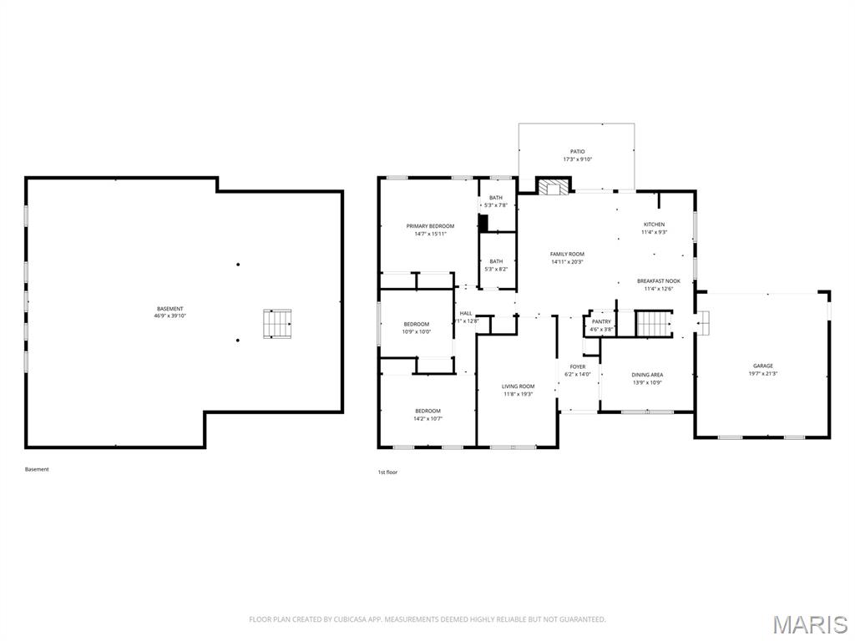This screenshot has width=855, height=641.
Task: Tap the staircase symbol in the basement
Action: tap(278, 324)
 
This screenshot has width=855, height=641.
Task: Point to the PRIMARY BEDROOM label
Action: tap(430, 226)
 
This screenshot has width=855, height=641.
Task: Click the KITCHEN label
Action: tap(654, 225)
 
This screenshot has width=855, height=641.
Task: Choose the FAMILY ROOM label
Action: tap(567, 254)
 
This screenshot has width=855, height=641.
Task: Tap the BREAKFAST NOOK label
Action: tap(659, 281)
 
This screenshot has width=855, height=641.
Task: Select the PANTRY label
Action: tap(601, 321)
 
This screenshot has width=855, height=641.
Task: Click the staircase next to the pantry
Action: tap(655, 323)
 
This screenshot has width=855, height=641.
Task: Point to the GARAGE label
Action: tap(762, 366)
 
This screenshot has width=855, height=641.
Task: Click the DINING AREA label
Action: tap(646, 375)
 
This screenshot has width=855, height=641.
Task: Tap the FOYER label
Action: tap(577, 366)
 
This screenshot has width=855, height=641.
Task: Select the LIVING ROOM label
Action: tap(518, 386)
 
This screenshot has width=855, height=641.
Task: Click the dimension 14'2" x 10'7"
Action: tap(428, 418)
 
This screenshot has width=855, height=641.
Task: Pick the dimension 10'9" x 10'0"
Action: tap(417, 331)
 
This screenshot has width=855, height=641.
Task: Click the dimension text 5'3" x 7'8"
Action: tap(496, 205)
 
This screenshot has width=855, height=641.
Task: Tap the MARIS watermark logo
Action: tap(810, 623)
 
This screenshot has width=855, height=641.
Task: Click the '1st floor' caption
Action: tap(387, 472)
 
